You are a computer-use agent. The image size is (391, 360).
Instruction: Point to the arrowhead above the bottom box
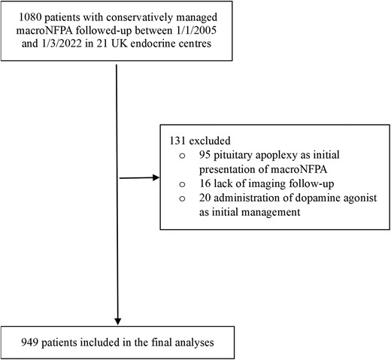tap(118, 318)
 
